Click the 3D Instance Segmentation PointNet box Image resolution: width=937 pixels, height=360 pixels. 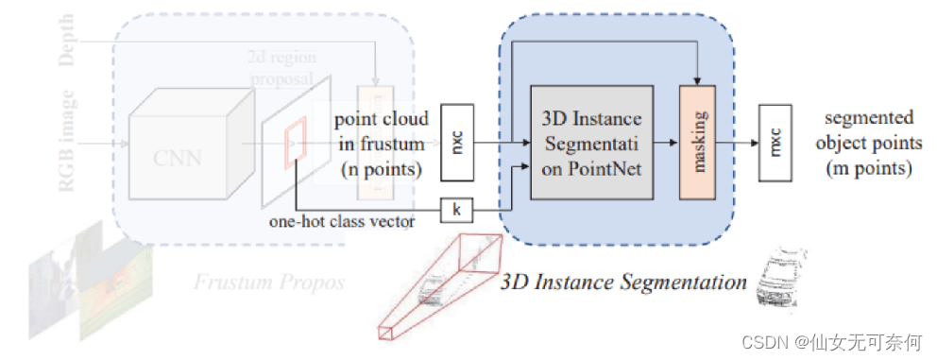pyautogui.click(x=591, y=142)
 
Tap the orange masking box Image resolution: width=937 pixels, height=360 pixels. pyautogui.click(x=700, y=142)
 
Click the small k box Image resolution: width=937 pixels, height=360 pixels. pyautogui.click(x=457, y=210)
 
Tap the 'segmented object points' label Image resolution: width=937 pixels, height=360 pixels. pyautogui.click(x=869, y=143)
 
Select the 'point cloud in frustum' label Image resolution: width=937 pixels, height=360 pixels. pyautogui.click(x=381, y=143)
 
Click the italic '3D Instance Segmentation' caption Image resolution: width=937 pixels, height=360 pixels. pyautogui.click(x=624, y=281)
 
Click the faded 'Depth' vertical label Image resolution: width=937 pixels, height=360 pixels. pyautogui.click(x=67, y=43)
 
